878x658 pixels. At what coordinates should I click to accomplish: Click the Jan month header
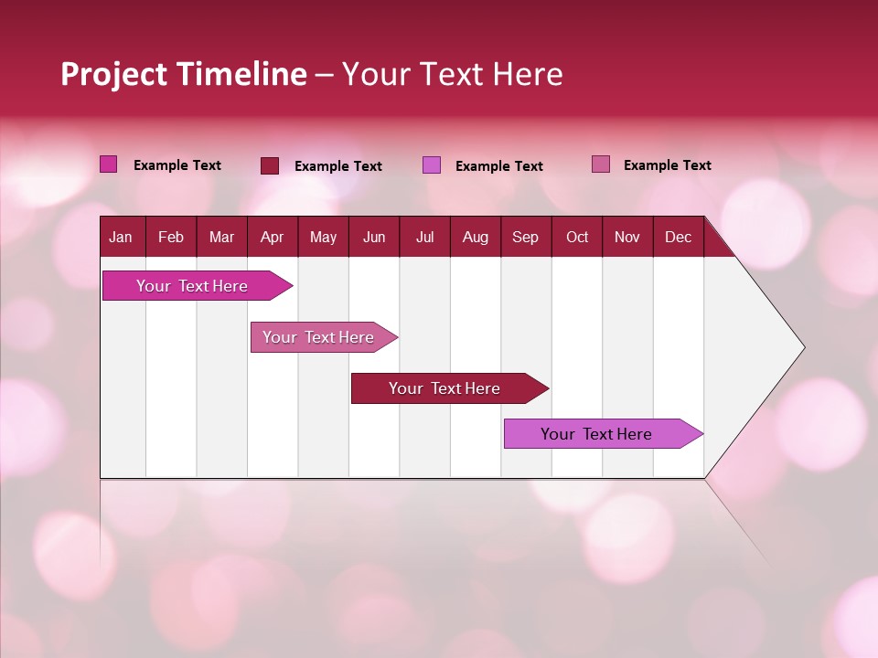121,237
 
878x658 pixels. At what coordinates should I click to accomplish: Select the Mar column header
221,237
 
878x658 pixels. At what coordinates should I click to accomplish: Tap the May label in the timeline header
323,237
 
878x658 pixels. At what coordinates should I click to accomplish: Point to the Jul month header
424,237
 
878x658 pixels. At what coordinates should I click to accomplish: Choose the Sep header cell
525,237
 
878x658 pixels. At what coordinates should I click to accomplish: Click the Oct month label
577,237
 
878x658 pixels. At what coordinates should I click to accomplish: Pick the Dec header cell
678,237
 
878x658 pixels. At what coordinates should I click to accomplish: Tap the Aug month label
475,237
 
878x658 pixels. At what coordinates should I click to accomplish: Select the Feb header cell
171,237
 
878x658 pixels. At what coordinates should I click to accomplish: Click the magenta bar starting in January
192,286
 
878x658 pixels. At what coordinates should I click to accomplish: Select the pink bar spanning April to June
318,337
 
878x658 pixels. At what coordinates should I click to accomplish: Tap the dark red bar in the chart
444,388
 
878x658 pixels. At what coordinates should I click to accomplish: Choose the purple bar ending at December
596,434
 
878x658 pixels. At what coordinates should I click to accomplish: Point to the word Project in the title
113,74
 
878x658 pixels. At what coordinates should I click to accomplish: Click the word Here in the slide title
528,74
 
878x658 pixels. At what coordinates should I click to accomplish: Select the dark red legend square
270,165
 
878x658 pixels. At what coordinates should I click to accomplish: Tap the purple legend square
432,165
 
